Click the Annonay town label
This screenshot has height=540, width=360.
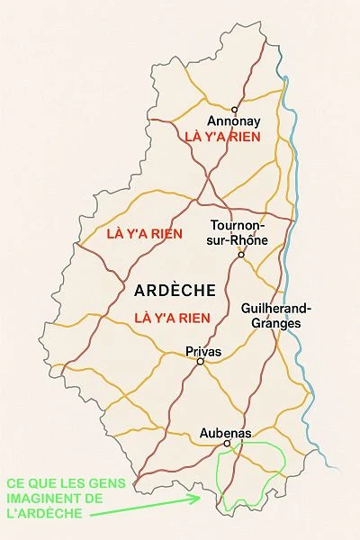[x=233, y=121]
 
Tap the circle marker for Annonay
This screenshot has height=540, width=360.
[x=234, y=110]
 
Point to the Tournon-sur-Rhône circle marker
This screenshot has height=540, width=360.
[x=240, y=255]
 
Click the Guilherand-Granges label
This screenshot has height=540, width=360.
[x=271, y=315]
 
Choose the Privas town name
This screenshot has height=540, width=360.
[x=202, y=350]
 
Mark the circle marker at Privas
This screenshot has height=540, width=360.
[x=201, y=362]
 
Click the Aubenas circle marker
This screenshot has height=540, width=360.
[x=227, y=444]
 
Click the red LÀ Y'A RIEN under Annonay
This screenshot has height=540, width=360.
[x=221, y=137]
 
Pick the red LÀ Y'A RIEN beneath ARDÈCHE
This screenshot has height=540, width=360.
[x=172, y=318]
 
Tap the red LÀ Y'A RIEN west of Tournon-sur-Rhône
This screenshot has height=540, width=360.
[x=144, y=234]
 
